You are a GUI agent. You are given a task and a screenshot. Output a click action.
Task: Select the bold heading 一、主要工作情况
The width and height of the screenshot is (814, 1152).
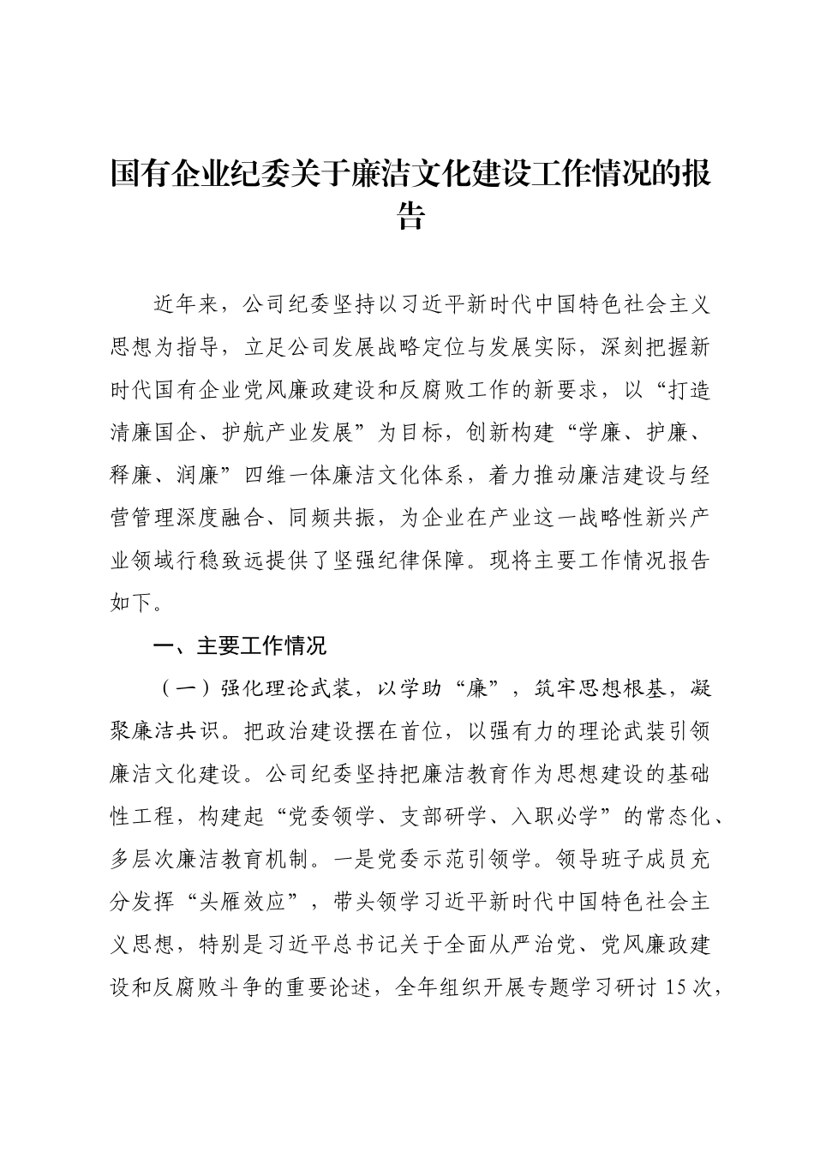[239, 645]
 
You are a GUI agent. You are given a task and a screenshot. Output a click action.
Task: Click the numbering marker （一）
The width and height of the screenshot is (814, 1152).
[177, 688]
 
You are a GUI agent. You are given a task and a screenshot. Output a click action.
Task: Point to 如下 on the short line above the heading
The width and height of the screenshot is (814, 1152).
[132, 603]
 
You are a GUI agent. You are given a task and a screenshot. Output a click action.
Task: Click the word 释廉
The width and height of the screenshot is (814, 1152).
[132, 474]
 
